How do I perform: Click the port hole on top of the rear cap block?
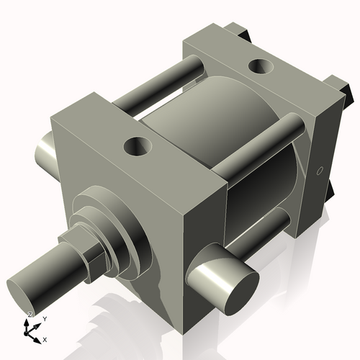[259, 68]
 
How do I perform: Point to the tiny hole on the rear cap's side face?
[319, 171]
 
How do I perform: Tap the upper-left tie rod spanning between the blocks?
[166, 82]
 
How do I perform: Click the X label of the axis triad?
[45, 338]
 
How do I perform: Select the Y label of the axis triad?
[44, 318]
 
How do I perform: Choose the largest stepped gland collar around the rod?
[126, 230]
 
